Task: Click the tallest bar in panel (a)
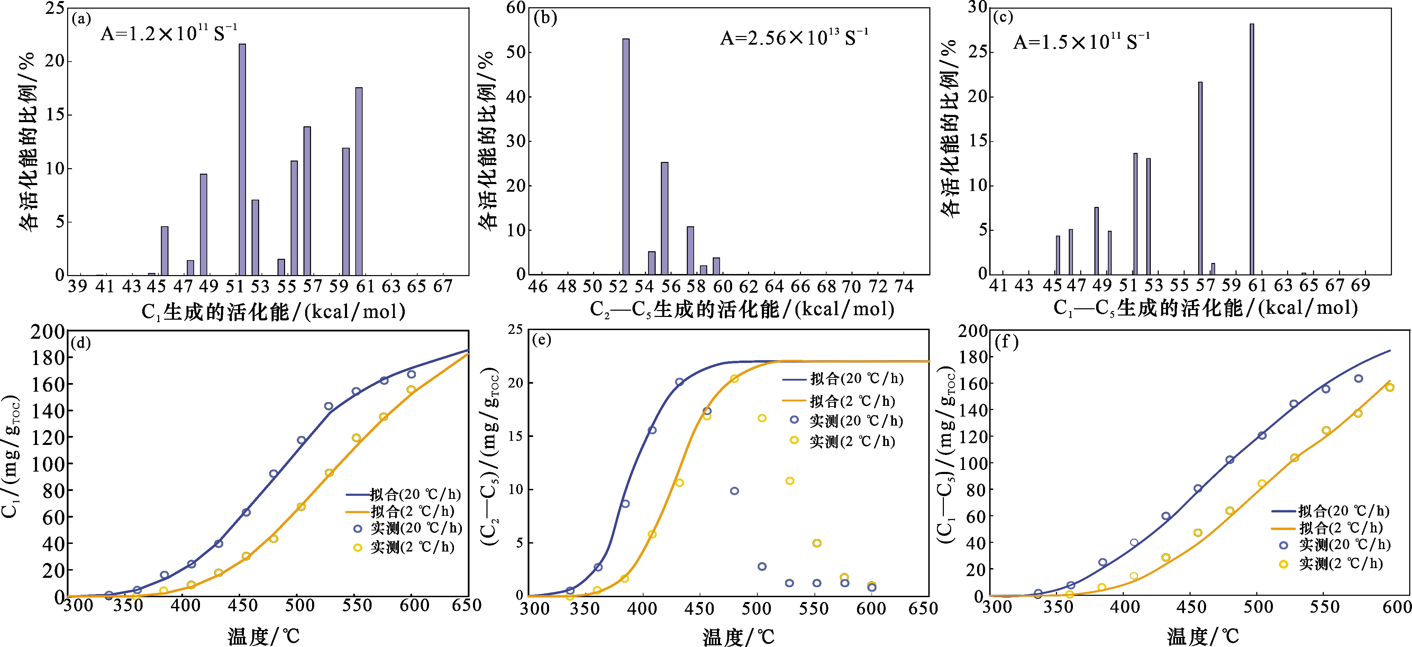[242, 159]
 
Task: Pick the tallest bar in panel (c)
[1252, 148]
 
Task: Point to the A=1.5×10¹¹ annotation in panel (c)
[1081, 42]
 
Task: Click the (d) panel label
[81, 343]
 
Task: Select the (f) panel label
[1006, 343]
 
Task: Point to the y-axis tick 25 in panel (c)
[977, 52]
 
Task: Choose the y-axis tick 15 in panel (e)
[515, 436]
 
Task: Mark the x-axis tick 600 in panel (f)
[1397, 607]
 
